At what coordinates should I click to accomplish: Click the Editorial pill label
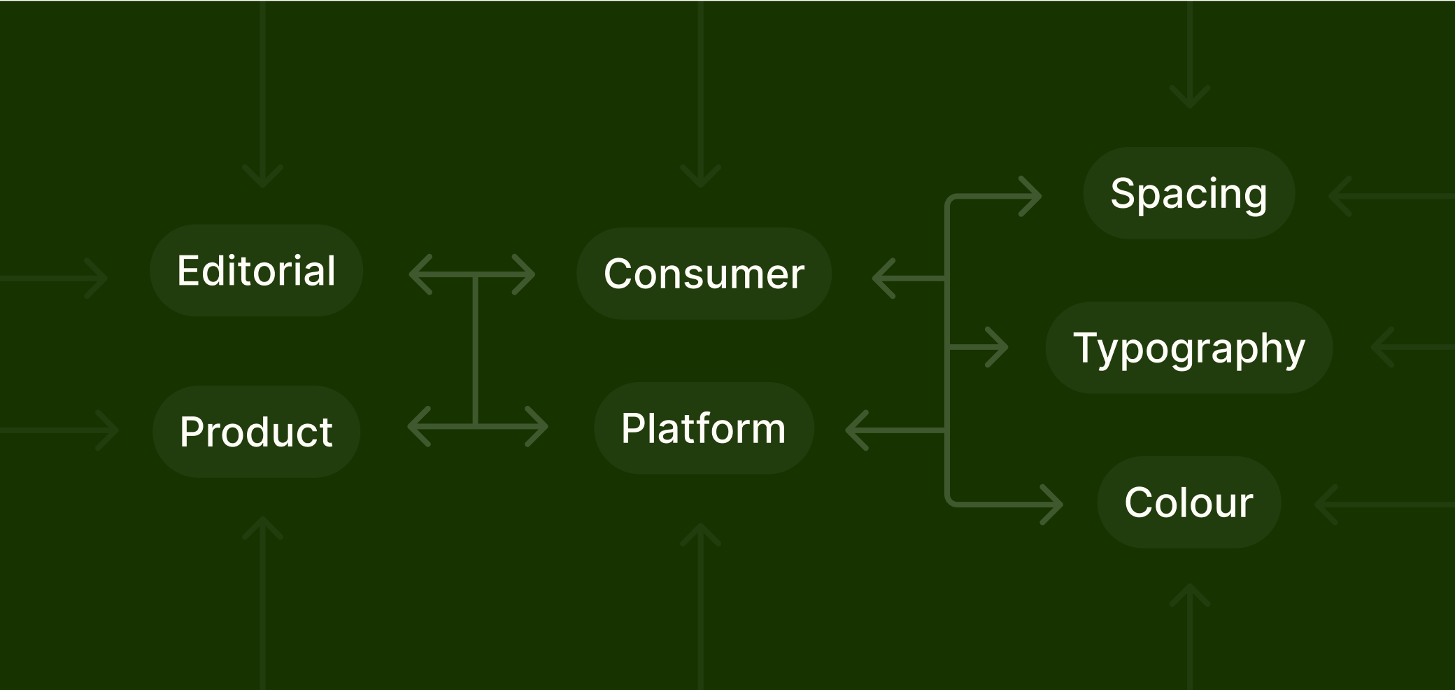pos(256,270)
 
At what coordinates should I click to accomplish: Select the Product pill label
pos(256,431)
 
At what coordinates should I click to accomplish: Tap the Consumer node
pos(704,274)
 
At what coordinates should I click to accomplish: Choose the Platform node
pos(704,428)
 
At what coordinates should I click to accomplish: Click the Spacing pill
pos(1188,193)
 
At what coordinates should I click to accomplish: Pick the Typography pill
pos(1189,348)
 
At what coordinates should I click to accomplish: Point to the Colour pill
pos(1188,502)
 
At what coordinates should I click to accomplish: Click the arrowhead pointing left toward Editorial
pos(420,274)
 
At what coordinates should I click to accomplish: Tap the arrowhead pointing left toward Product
pos(419,426)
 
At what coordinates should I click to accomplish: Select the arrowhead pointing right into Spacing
pos(1030,197)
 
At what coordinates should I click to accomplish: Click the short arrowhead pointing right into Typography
pos(997,347)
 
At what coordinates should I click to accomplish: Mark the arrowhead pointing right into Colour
pos(1051,504)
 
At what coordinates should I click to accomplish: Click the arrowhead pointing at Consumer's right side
pos(884,279)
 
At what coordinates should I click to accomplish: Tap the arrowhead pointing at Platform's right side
pos(857,430)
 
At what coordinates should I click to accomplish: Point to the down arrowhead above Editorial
pos(262,176)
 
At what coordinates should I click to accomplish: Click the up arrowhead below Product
pos(262,528)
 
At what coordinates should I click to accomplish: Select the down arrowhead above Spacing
pos(1190,97)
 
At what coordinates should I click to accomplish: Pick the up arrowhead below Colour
pos(1190,596)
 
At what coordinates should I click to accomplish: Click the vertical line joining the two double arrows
pos(476,351)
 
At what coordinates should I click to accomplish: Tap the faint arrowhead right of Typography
pos(1382,347)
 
